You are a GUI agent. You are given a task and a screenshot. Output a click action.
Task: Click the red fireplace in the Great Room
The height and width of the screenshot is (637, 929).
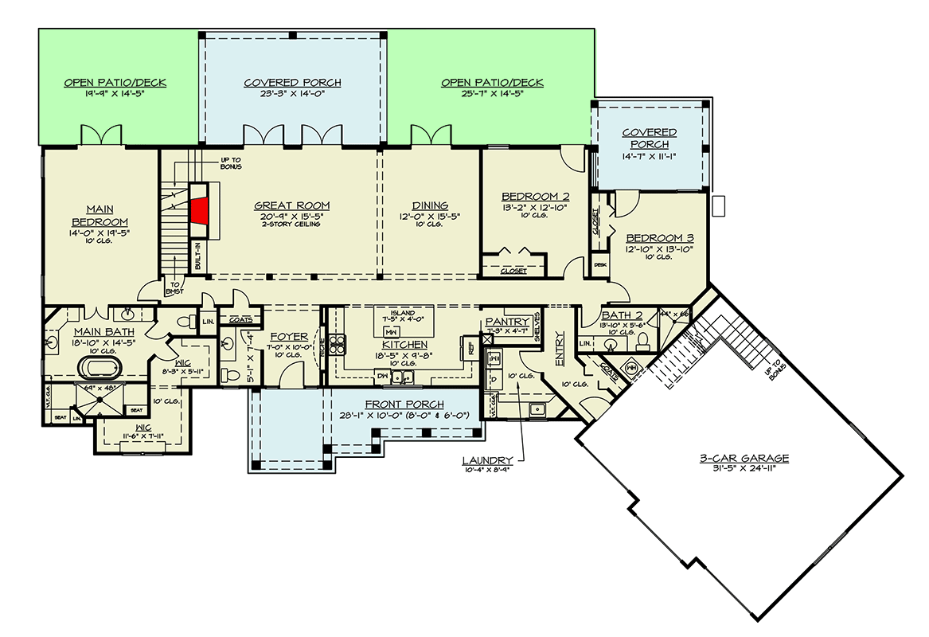[199, 211]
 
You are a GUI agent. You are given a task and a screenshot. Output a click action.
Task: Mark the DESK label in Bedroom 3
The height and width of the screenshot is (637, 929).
[600, 265]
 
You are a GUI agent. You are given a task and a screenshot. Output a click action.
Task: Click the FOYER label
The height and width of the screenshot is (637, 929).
[283, 337]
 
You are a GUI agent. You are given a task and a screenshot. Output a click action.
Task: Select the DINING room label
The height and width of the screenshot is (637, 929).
[430, 205]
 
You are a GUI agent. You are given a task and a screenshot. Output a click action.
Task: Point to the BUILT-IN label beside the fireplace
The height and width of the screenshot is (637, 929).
[197, 256]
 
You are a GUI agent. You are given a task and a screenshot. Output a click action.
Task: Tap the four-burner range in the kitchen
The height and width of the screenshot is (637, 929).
[337, 344]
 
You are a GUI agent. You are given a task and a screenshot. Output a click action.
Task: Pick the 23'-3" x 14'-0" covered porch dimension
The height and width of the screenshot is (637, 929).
[292, 94]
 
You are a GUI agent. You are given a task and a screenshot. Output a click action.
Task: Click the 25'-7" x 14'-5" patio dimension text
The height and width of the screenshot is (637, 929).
[492, 94]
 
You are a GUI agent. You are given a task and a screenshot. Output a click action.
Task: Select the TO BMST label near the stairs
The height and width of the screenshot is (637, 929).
[174, 288]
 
